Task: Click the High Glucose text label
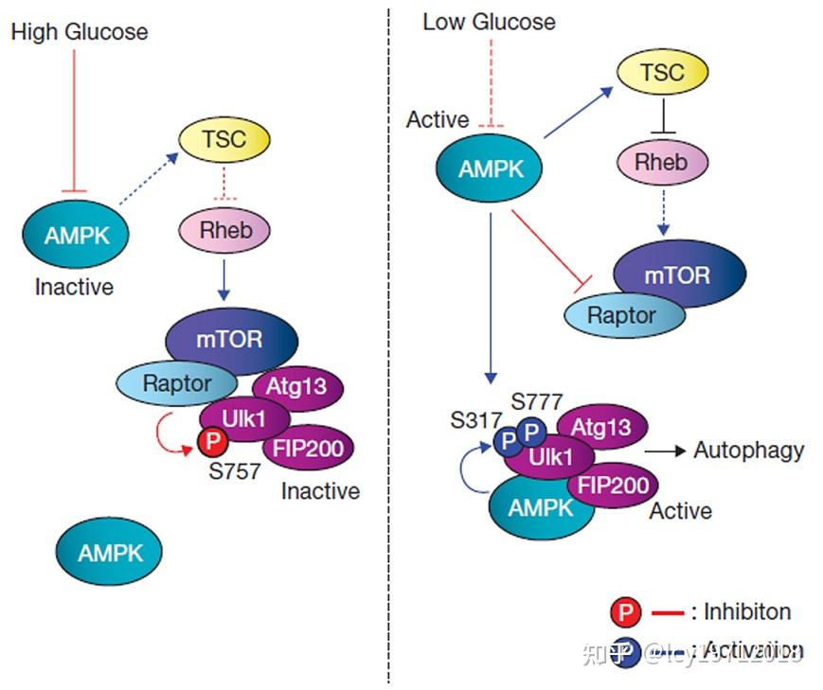[x=80, y=31]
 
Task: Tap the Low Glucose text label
[x=489, y=21]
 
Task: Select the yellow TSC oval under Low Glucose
[x=662, y=73]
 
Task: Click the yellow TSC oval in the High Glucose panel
[x=224, y=140]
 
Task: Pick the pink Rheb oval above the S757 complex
[x=224, y=228]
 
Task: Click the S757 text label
[x=234, y=470]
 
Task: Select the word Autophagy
[x=748, y=450]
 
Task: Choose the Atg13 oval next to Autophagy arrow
[x=601, y=427]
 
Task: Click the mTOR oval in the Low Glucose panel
[x=677, y=275]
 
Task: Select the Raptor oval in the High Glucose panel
[x=177, y=383]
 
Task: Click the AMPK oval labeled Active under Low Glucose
[x=491, y=169]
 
